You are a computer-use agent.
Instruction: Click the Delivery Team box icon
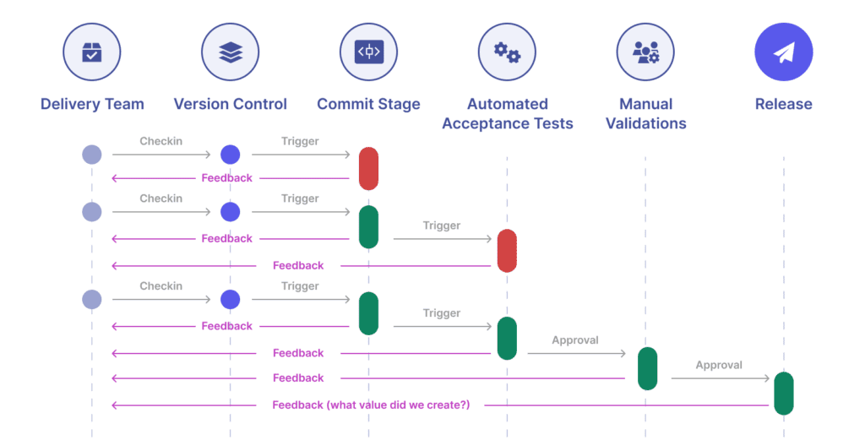click(92, 52)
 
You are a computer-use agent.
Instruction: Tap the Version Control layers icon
click(230, 52)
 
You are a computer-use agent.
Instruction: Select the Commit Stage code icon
click(368, 52)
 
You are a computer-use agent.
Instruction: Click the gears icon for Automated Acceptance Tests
click(507, 52)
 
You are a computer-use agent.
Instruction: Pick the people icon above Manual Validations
click(645, 52)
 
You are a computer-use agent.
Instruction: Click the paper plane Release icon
click(783, 52)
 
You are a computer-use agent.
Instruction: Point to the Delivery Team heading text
click(92, 105)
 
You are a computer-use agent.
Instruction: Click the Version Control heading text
click(230, 105)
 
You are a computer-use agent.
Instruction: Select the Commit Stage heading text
click(368, 105)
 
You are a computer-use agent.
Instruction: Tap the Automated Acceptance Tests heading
click(507, 114)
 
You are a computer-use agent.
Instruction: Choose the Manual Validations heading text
click(645, 114)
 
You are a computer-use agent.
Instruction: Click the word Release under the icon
click(783, 105)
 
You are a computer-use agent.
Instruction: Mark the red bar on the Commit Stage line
click(368, 168)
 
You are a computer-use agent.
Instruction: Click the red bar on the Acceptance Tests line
click(507, 251)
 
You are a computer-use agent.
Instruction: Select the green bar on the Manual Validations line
click(647, 368)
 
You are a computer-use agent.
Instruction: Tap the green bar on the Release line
click(783, 393)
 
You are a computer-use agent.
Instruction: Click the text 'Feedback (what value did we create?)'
click(371, 405)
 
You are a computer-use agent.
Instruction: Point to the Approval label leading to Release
click(719, 366)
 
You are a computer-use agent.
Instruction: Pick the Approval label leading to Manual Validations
click(575, 340)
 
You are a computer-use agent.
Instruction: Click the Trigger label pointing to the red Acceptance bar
click(442, 225)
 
